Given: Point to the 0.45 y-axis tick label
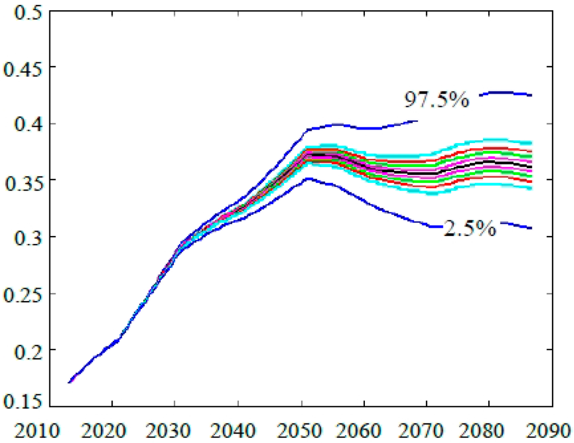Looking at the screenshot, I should [x=22, y=68].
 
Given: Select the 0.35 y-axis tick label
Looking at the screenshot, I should [x=22, y=181].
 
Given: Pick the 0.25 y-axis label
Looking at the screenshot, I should [x=22, y=294].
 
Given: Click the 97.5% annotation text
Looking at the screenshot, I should [x=436, y=99].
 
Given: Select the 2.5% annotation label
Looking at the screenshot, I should [x=470, y=228].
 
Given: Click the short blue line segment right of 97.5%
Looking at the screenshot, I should [x=506, y=94].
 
